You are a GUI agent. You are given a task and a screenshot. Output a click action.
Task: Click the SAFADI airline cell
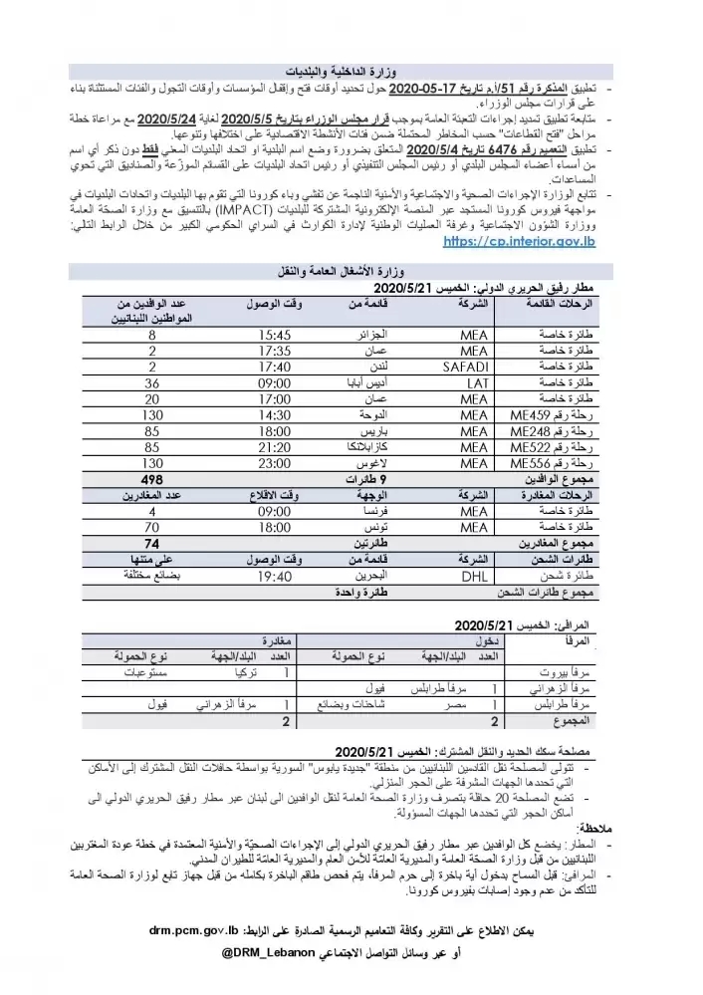coord(463,365)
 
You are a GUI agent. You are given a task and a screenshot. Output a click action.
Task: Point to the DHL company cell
coord(472,575)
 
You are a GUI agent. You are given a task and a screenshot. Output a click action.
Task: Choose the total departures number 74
coord(150,543)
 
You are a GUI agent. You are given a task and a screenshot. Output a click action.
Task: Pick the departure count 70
coord(150,526)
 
